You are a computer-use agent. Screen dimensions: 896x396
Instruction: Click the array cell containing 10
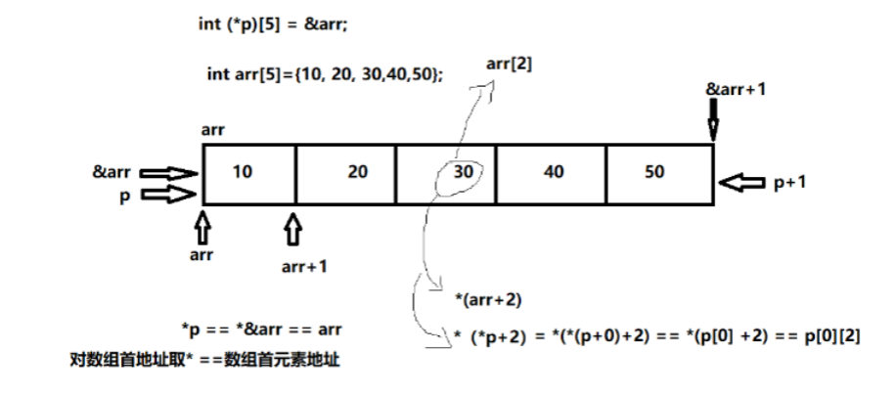pyautogui.click(x=248, y=174)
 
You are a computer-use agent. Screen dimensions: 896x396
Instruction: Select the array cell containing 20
pyautogui.click(x=346, y=174)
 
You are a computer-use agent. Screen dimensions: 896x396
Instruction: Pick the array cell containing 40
pyautogui.click(x=553, y=172)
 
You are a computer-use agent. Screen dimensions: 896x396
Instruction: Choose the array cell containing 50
pyautogui.click(x=654, y=172)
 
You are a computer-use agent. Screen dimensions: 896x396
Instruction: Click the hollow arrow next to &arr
pyautogui.click(x=168, y=172)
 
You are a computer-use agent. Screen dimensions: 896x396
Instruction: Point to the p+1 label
pyautogui.click(x=790, y=183)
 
